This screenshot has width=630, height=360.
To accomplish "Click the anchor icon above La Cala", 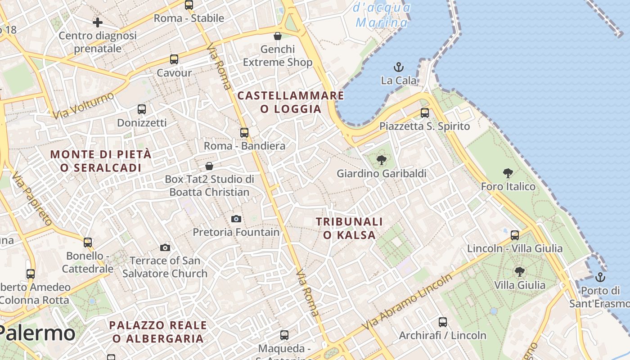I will click(x=399, y=67).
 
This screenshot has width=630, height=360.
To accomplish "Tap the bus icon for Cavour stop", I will click(x=174, y=59).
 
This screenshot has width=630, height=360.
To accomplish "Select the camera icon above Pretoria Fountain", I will click(x=236, y=219).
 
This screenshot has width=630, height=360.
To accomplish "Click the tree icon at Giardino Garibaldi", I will click(x=381, y=160).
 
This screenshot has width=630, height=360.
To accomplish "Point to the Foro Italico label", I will click(x=508, y=186).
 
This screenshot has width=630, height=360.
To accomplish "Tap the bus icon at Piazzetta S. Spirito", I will click(x=424, y=113).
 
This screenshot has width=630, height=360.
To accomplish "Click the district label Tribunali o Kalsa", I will click(x=349, y=228).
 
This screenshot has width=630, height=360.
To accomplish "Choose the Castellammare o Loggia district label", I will click(x=291, y=102).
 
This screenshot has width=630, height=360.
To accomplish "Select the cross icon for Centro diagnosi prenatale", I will click(x=98, y=22).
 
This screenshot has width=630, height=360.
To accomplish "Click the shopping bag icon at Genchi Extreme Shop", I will click(x=278, y=36).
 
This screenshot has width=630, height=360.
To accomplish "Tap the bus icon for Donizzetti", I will click(x=142, y=109).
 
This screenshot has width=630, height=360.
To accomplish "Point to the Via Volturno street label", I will click(x=83, y=106).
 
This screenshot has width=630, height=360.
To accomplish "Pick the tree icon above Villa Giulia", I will click(x=520, y=272).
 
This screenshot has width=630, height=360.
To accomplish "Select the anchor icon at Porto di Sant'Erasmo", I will click(x=600, y=277).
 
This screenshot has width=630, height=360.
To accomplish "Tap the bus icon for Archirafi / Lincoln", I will click(x=443, y=322).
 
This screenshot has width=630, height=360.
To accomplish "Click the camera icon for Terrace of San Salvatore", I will click(x=165, y=247).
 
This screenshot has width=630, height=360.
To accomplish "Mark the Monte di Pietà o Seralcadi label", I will click(x=101, y=161).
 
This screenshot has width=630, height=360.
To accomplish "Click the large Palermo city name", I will click(x=38, y=333).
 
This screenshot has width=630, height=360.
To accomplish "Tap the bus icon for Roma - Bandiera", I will click(x=244, y=133).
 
